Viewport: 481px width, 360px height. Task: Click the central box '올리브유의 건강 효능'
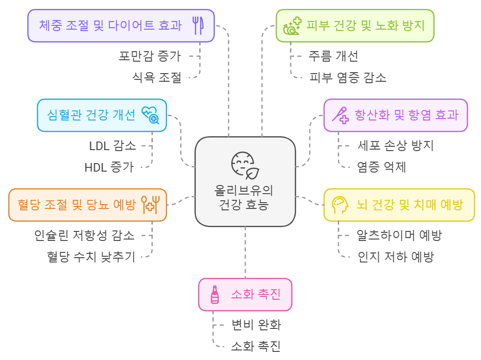pos(245,182)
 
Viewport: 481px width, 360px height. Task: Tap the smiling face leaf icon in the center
pos(245,165)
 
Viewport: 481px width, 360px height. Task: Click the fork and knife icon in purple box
pos(198,25)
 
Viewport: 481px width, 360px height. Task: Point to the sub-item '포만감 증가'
pos(150,56)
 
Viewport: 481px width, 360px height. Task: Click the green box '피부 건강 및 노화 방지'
pos(355,25)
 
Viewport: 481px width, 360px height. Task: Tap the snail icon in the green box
pos(292,27)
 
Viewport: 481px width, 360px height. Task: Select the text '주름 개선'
pos(333,56)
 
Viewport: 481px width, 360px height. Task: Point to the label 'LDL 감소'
pos(113,145)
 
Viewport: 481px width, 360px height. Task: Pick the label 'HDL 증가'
pos(109,167)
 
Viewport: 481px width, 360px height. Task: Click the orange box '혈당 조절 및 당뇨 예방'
pos(87,205)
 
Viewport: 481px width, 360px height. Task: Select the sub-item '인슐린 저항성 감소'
pos(85,235)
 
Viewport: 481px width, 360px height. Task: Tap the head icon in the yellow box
pos(341,205)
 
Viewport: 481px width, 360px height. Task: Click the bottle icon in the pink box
pos(215,295)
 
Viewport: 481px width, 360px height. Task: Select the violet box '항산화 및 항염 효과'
pos(396,115)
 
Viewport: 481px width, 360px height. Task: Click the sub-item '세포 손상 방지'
pos(395,145)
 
